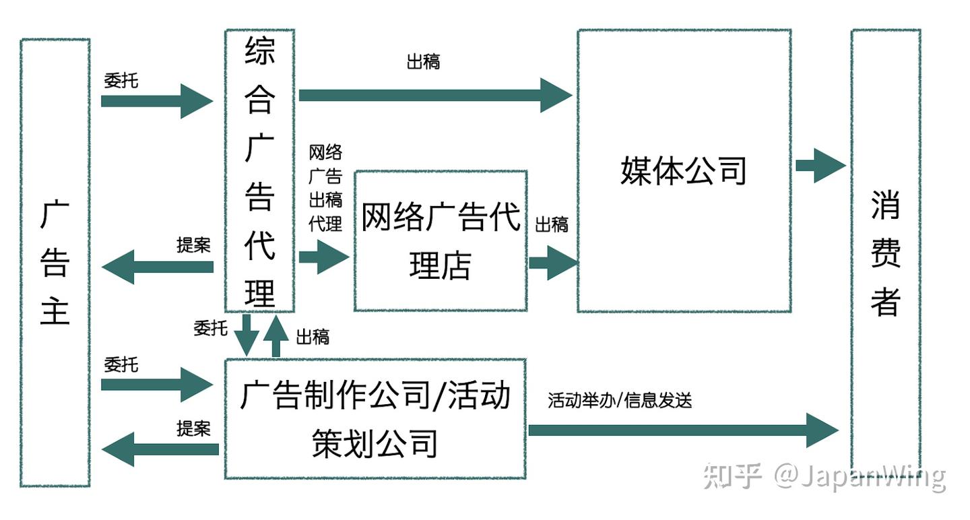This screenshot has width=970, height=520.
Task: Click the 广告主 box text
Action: [55, 263]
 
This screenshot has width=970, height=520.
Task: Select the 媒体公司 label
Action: [683, 170]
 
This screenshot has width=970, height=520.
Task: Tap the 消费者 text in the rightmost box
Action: [885, 253]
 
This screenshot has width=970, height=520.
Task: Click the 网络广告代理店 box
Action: [441, 240]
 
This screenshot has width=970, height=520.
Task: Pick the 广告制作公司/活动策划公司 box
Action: [375, 419]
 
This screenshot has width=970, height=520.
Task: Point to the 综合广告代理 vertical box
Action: [259, 172]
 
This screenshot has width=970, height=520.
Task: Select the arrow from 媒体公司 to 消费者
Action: [819, 166]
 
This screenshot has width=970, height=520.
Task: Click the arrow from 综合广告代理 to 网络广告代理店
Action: [323, 257]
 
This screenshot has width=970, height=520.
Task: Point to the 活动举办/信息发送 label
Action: [620, 401]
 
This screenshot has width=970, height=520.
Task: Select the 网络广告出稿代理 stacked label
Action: [325, 188]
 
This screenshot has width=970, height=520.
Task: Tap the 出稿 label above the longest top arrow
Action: [424, 62]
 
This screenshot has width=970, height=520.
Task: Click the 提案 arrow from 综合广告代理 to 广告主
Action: [158, 267]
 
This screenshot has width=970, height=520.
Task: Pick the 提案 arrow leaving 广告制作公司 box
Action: [160, 449]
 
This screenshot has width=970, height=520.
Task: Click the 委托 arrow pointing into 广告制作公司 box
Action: [156, 385]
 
